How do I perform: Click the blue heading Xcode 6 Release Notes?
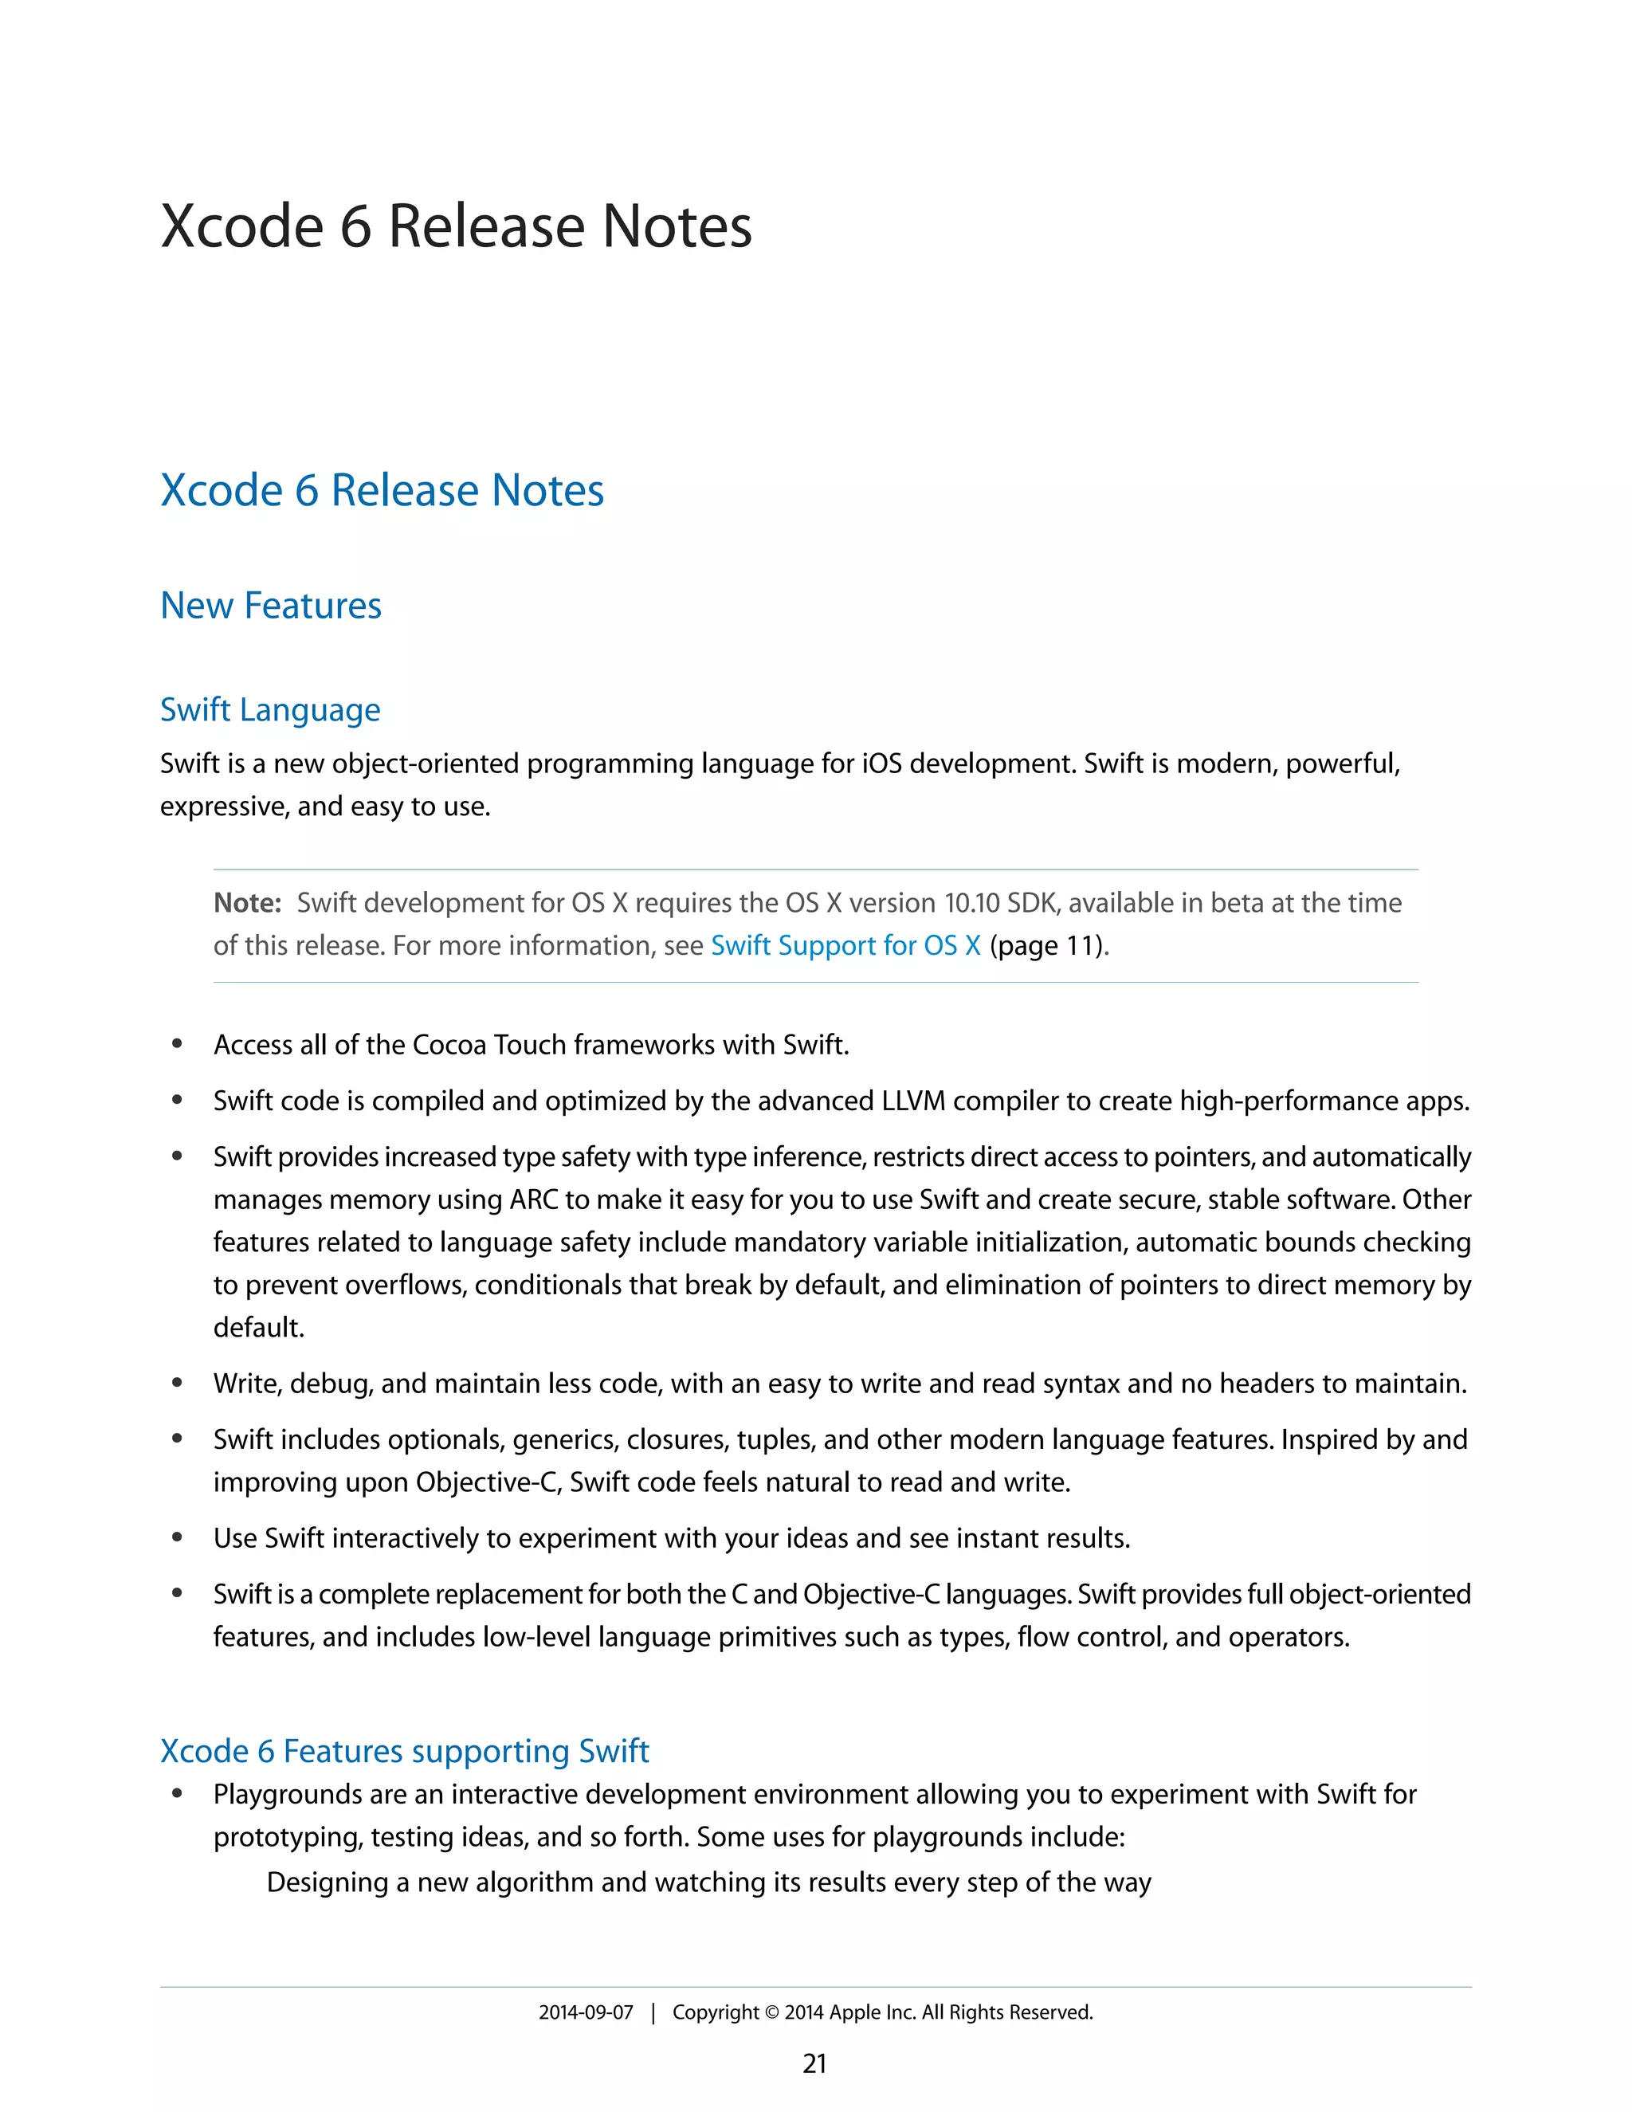pos(382,490)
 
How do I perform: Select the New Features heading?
pos(271,606)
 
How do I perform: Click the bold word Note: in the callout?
pos(246,902)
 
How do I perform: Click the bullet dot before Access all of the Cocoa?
pos(177,1043)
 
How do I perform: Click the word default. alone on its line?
pos(258,1327)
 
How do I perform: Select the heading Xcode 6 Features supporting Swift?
pos(404,1750)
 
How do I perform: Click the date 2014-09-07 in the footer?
pos(585,2012)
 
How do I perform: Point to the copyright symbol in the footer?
pos(771,2012)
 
